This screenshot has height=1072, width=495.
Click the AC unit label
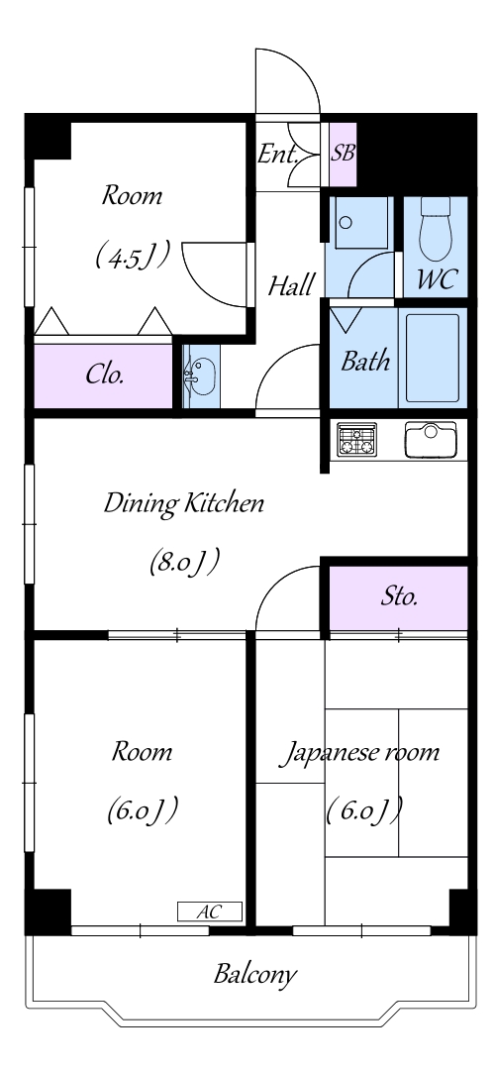pos(210,911)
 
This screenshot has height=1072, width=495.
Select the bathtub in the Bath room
pos(433,358)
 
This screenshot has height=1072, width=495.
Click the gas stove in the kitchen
pos(356,440)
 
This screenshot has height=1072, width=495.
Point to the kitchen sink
pos(430,440)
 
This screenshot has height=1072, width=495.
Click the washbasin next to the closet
pos(202,376)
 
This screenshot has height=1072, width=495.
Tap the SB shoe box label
pos(343,154)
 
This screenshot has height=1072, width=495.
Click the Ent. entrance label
pos(278,155)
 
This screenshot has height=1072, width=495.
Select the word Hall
pos(291,284)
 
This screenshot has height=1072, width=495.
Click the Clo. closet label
pos(105,375)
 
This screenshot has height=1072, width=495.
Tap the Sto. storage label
pos(399,596)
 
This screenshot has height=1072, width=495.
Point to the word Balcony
pos(255,974)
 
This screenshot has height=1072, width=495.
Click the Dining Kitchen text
pos(184,504)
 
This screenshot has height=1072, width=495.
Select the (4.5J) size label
pos(133,258)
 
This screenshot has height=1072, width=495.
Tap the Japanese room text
pos(362,753)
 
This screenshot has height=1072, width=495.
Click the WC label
pos(436,279)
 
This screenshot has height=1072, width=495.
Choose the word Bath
pos(365,361)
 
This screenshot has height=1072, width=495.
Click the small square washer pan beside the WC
pos(358,222)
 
